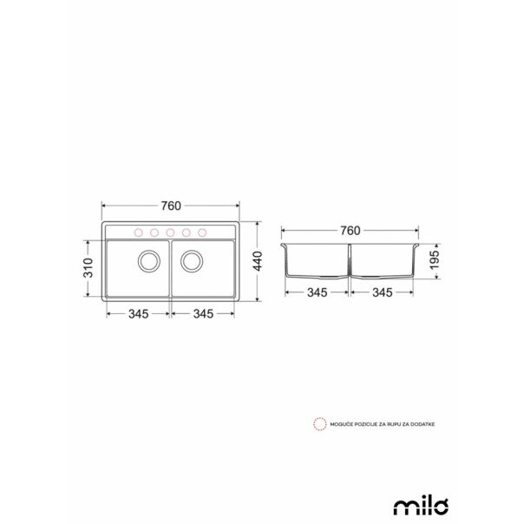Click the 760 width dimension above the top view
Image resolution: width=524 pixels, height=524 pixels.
170,206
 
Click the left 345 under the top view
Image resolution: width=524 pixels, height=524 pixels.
138,313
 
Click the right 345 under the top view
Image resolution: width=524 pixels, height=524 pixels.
204,313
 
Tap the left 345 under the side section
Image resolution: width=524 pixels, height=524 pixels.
317,294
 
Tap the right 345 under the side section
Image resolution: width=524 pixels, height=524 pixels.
383,294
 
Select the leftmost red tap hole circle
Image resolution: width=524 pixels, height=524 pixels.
137,233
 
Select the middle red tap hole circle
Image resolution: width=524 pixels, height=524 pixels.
170,233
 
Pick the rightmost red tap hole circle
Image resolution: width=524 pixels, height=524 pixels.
203,233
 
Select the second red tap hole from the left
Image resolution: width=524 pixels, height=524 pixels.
154,233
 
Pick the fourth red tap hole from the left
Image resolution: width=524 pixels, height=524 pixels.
187,233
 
